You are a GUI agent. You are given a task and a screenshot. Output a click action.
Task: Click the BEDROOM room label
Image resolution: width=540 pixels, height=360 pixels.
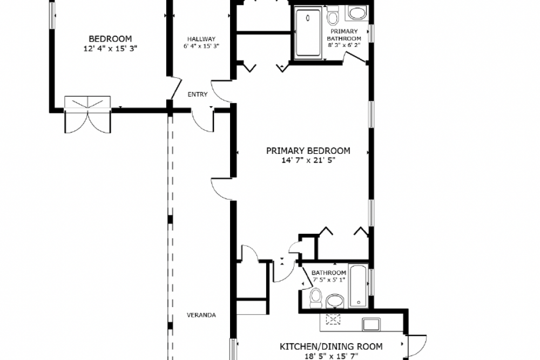tap(110, 39)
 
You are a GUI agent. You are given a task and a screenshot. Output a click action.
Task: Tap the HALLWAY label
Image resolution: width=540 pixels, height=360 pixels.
tap(201, 39)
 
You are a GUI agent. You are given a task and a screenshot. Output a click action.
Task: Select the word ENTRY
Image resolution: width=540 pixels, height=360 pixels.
tap(198, 94)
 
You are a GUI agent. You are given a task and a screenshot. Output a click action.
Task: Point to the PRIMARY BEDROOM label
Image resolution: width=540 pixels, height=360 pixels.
tap(308, 151)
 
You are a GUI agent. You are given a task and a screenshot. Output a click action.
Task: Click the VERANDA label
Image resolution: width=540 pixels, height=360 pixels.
tap(201, 315)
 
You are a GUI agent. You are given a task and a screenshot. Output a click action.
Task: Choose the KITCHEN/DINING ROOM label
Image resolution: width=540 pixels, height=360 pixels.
tap(331, 346)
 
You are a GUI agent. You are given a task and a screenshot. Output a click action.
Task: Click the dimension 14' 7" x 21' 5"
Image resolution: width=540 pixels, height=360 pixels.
tap(308, 160)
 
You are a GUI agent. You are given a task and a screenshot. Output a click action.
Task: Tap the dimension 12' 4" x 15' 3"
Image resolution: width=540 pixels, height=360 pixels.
tap(110, 49)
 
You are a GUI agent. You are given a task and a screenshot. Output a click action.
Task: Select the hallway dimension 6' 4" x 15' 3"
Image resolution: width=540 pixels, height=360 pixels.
tap(201, 46)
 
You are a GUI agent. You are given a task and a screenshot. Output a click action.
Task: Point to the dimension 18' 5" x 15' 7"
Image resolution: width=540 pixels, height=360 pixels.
tap(332, 356)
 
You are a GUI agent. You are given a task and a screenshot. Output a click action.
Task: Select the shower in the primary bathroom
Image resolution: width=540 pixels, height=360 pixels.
tap(308, 33)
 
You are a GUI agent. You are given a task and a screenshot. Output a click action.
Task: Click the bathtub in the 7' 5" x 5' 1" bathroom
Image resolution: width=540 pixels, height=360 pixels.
tap(359, 286)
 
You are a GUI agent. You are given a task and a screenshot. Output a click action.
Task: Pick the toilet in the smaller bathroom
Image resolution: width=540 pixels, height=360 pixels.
tap(315, 298)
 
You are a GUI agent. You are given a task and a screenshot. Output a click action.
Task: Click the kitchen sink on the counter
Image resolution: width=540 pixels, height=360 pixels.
tap(372, 324)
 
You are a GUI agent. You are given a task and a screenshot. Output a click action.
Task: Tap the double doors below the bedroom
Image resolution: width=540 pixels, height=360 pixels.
tap(88, 114)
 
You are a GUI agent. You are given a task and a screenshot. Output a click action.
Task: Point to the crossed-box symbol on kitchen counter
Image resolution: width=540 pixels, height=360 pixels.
tap(333, 320)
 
